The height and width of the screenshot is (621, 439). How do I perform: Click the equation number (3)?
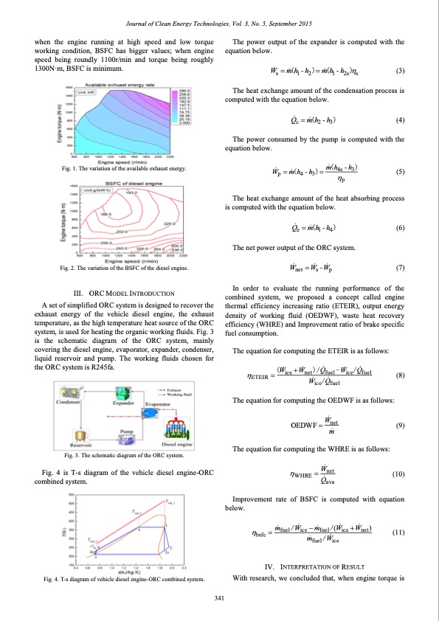point(399,72)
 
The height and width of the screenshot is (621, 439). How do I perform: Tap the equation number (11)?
point(399,531)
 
